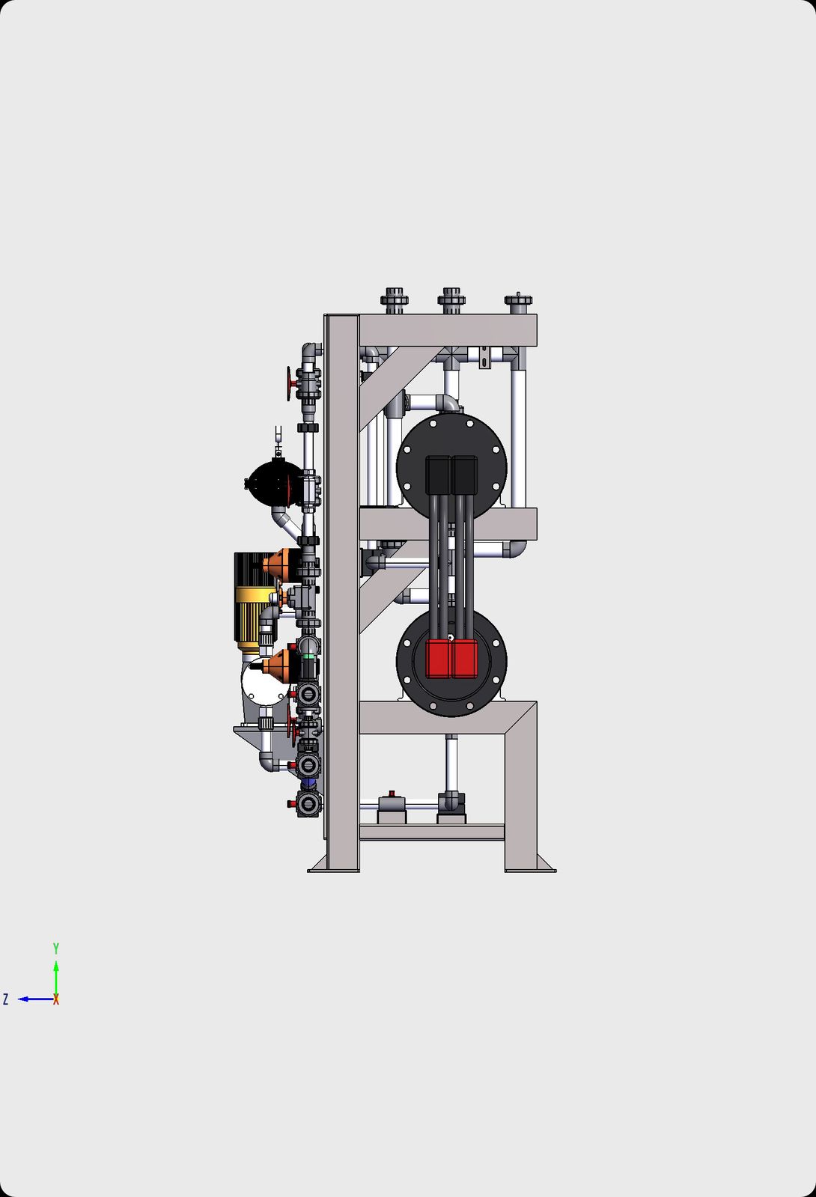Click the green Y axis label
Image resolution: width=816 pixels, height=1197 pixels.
[56, 948]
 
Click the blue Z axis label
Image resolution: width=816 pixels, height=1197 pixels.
[5, 999]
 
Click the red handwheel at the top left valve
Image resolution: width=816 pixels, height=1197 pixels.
[290, 383]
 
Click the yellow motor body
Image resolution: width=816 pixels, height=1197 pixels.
[255, 618]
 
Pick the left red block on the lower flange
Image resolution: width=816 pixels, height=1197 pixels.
[438, 658]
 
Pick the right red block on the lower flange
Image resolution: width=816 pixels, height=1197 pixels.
[464, 658]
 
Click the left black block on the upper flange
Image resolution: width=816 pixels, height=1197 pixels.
[438, 475]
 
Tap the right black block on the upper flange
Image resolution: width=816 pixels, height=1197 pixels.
[464, 475]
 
